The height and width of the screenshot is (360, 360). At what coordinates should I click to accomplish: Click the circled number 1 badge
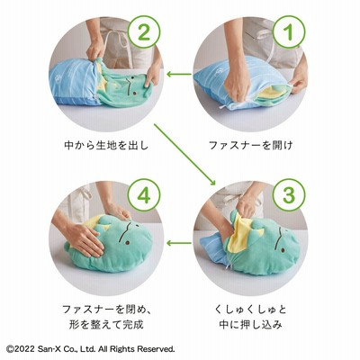point(289,32)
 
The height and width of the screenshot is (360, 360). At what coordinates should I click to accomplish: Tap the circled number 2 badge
point(144,32)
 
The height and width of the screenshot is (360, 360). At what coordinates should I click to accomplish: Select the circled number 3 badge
point(289,195)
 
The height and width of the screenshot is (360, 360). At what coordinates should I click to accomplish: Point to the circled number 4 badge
point(144,195)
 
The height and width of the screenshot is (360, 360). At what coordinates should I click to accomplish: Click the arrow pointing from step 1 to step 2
point(179,74)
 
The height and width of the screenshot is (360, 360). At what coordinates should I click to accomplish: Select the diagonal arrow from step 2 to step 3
point(185,155)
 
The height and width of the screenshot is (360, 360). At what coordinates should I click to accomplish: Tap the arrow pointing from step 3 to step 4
point(179,242)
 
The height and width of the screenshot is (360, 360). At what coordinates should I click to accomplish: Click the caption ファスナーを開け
point(251,146)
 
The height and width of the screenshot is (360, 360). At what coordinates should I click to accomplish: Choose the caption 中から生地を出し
point(106,146)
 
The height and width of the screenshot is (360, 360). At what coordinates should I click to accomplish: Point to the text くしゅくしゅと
point(251,309)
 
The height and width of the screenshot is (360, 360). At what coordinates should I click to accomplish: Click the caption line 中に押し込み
point(251,325)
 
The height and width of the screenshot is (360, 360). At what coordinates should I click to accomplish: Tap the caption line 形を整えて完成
point(106,325)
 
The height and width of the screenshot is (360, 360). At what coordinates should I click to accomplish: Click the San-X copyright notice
point(90,349)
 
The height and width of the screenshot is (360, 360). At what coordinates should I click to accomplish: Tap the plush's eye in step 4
point(127,242)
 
